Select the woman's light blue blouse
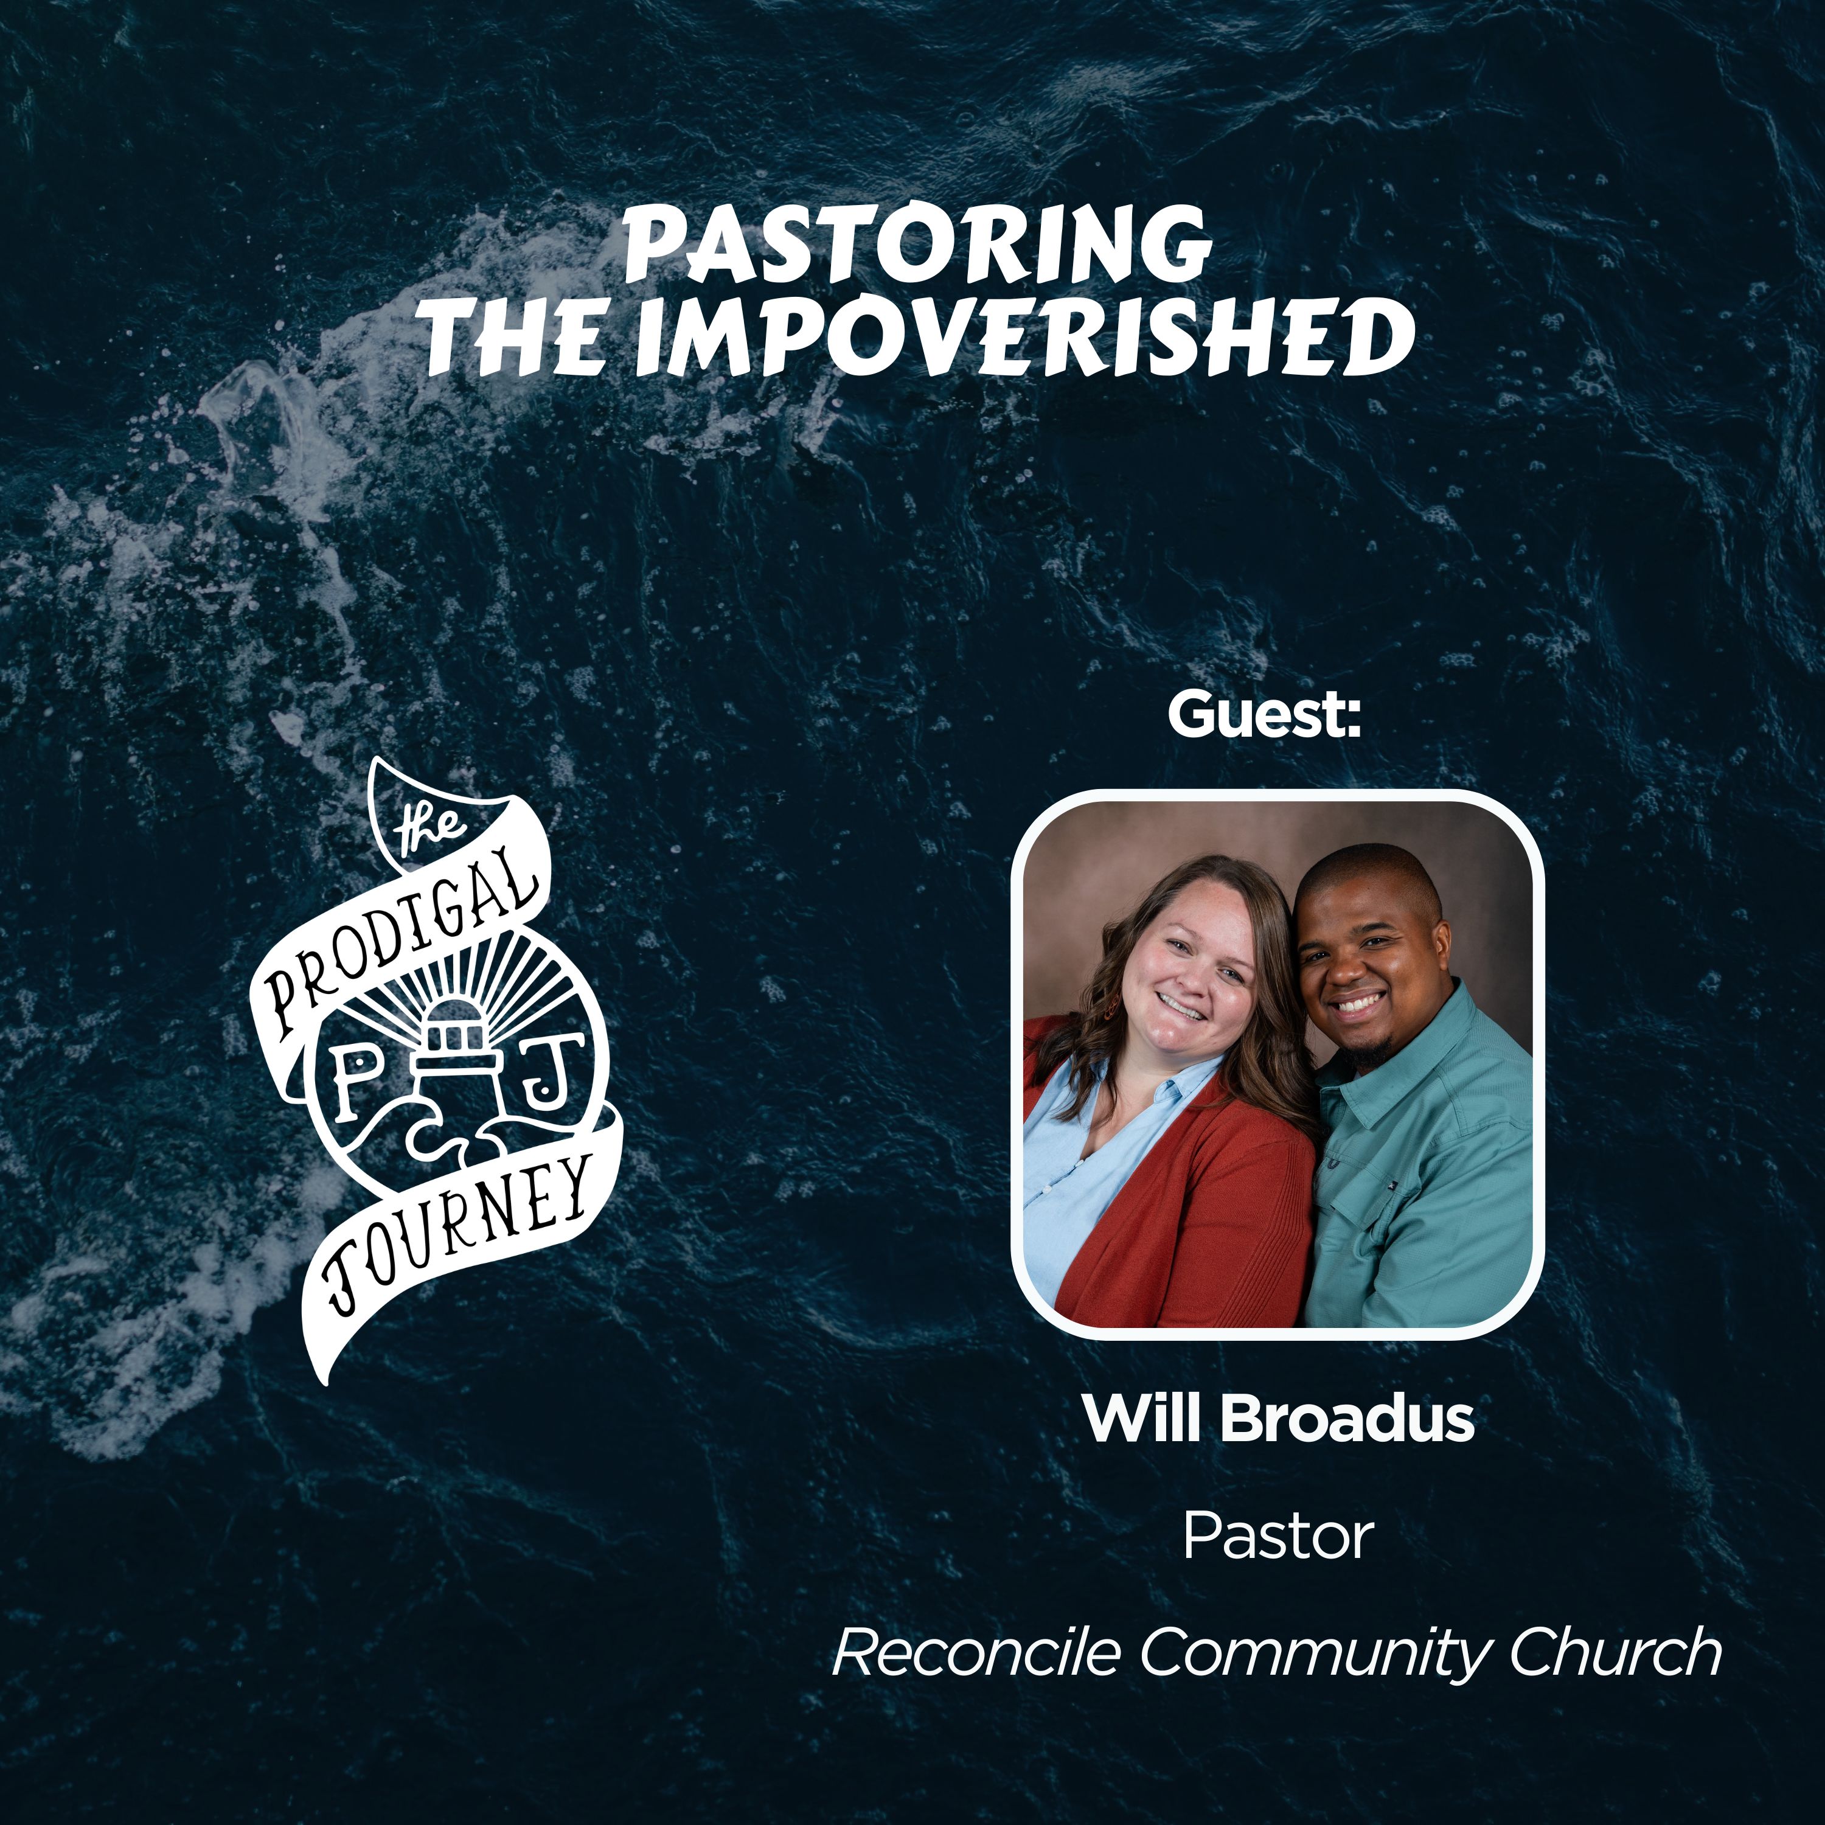coord(1077,1181)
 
